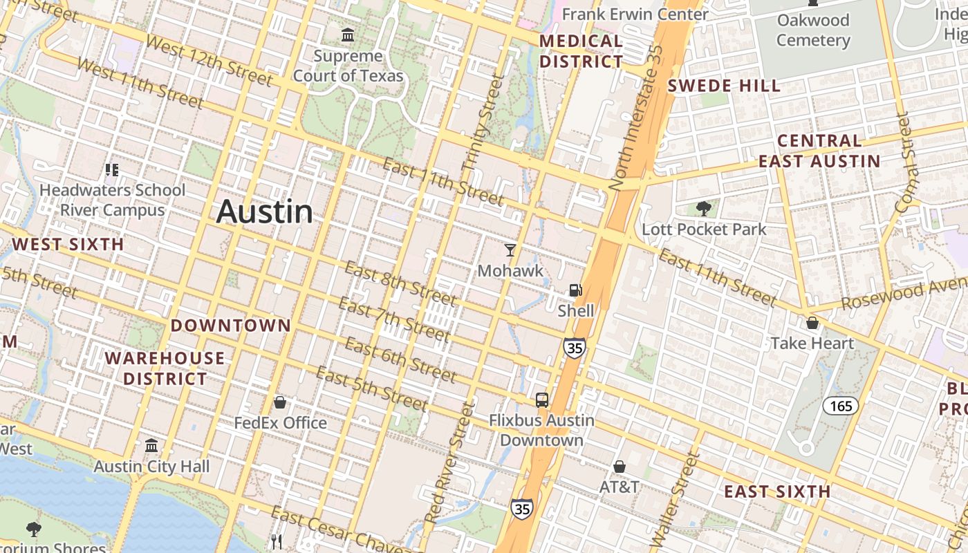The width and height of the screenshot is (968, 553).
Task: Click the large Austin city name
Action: pos(265,212)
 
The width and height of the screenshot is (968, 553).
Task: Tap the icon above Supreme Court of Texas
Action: pos(348,34)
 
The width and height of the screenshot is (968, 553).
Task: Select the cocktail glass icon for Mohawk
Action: pos(510,250)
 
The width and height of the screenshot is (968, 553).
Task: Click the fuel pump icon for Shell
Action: pos(575,290)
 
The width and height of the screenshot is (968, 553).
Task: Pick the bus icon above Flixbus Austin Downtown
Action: pos(542,400)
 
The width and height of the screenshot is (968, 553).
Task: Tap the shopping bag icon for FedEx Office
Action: pos(280,402)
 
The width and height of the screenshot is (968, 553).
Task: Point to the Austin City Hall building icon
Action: pos(151,446)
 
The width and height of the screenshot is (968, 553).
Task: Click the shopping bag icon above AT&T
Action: pos(620,467)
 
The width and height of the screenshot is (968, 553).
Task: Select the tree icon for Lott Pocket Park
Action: pos(704,208)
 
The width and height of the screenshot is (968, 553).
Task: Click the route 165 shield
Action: pos(841,406)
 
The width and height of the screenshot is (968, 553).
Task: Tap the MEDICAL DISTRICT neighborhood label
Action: pos(581,51)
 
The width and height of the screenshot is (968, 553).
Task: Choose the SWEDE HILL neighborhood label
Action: pos(724,86)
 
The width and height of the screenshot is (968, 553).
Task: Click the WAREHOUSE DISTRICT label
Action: pos(165,368)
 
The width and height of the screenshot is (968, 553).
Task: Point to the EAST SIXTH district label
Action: pos(777,491)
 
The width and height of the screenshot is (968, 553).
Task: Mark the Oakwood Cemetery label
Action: pos(813,30)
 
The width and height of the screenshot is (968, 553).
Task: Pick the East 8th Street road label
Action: pos(400,283)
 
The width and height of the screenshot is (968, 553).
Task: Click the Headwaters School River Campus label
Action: pos(112,200)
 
